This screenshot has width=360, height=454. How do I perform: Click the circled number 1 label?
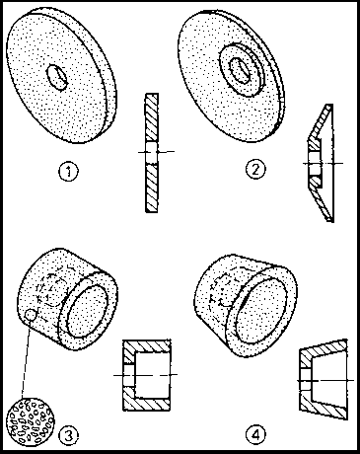coord(69,171)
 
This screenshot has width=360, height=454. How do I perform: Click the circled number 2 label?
coord(255,169)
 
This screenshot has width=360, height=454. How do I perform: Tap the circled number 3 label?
coord(68,435)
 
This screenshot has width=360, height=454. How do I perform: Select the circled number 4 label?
coord(255,435)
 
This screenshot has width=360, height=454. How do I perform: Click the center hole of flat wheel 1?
coord(57,77)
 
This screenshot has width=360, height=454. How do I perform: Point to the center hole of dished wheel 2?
coord(240,70)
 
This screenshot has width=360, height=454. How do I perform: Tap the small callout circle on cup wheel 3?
coord(30,315)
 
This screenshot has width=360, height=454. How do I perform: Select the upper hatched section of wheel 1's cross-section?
coord(152,117)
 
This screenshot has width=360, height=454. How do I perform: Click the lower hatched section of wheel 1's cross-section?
coord(152,188)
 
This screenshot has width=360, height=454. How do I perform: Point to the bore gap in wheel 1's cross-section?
coord(152,153)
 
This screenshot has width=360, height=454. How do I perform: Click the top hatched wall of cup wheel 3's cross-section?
coord(147,346)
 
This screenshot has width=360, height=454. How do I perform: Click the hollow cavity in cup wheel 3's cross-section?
coord(152,375)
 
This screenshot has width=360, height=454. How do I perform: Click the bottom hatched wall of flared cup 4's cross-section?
coord(324,407)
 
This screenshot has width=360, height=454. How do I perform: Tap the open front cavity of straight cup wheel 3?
coord(88,310)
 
